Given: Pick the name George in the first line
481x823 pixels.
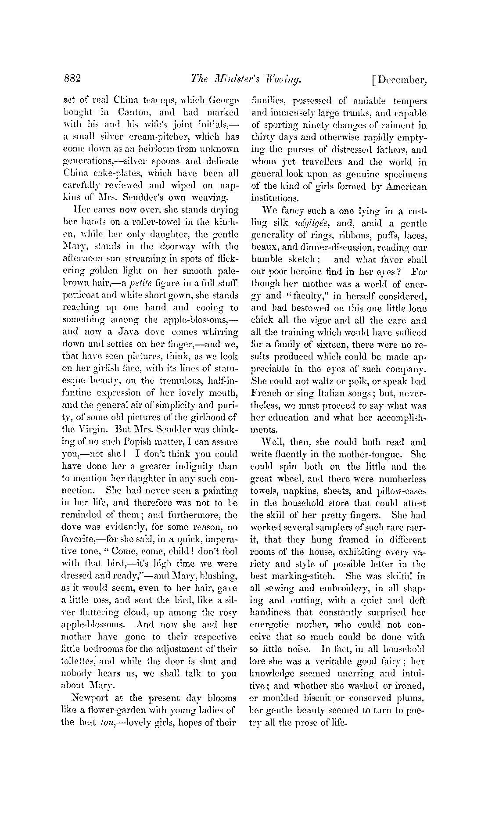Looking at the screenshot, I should pos(224,101).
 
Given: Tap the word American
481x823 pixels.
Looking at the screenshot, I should pos(406,187).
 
